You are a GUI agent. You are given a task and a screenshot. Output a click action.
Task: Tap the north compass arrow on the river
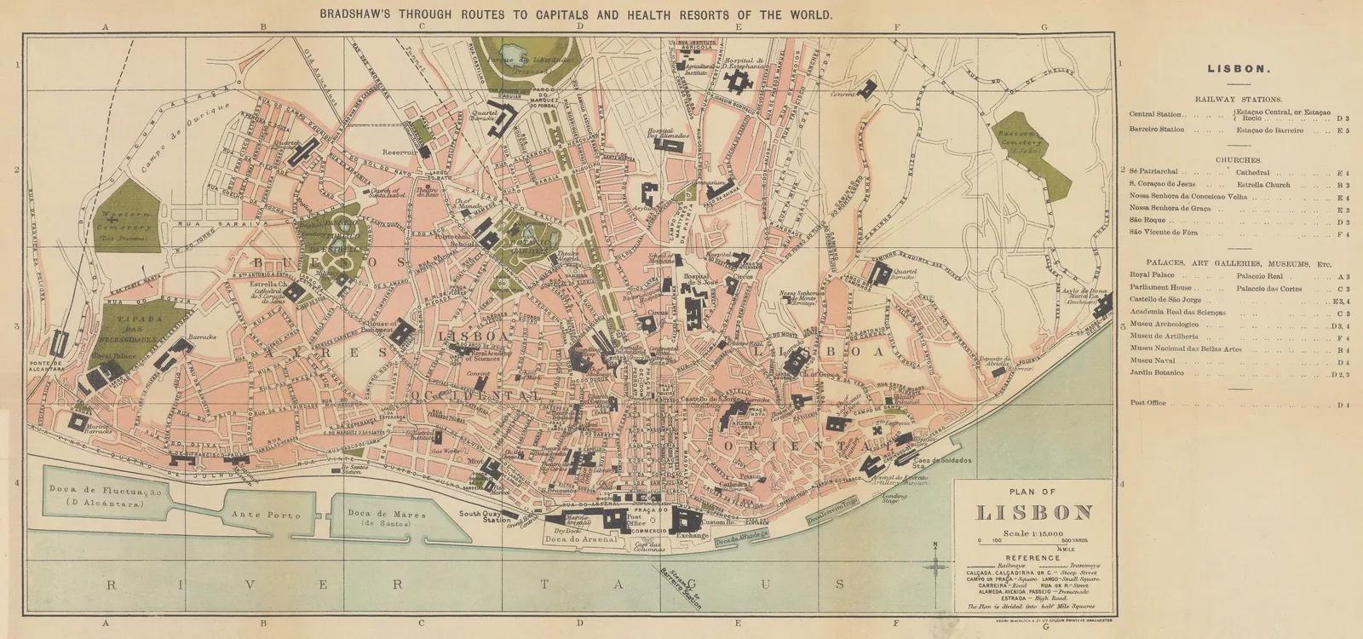(x=935, y=562)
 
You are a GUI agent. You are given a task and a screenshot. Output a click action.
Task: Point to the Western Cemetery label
(x=125, y=222)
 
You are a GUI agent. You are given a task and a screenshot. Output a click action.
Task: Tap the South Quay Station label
(x=480, y=518)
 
